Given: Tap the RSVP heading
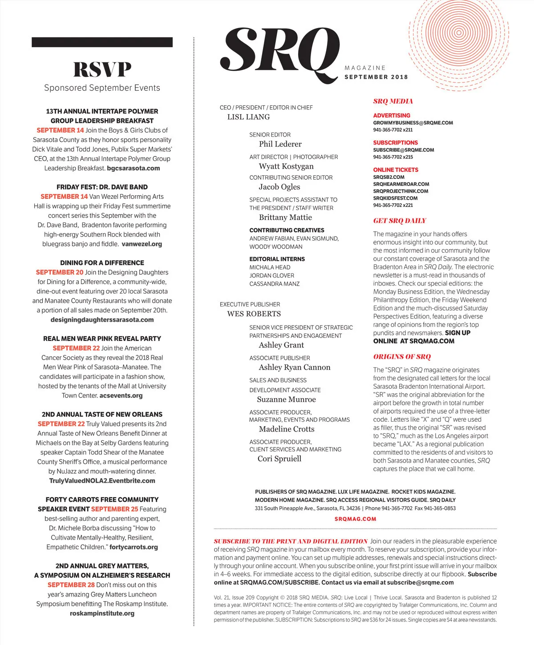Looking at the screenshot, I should pos(102,69).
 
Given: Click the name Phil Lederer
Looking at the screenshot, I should pos(280,144).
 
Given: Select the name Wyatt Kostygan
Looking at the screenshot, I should pos(286,166).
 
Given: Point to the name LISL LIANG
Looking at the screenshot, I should pos(248,117).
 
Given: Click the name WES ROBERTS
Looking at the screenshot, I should pos(254,314).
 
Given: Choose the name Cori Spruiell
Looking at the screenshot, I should pos(279,459).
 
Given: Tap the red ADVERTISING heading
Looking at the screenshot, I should pos(392,115).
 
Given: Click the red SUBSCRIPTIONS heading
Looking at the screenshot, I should pos(396,143).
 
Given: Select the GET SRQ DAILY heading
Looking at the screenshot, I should pos(400,221).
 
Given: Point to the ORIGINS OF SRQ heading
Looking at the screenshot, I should pos(402,357).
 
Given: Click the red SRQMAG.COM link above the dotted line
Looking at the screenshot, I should pos(355,519).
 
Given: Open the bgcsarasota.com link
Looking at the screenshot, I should pos(133,168).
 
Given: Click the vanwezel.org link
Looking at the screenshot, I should pos(142,244).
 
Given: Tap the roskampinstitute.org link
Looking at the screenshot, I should pos(102,613).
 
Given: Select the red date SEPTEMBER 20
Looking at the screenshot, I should pos(60,272).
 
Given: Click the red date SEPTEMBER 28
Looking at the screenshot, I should pos(71,585).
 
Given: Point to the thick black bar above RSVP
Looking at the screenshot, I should pos(102,42).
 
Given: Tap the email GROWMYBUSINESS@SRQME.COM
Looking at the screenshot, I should pos(413,123).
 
